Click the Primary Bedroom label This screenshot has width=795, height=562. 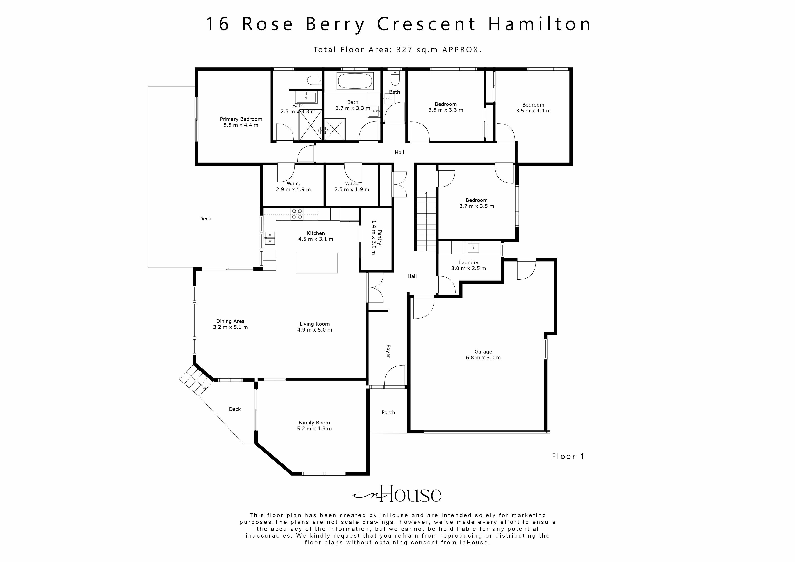(241, 119)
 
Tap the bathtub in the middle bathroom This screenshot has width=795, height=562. (355, 81)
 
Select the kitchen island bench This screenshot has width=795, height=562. (316, 263)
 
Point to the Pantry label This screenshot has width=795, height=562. (380, 237)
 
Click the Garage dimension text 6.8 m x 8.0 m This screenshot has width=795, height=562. (483, 358)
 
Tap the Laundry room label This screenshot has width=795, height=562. (468, 262)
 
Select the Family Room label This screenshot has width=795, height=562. (314, 423)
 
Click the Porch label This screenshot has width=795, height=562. (388, 412)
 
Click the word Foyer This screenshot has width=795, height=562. (388, 351)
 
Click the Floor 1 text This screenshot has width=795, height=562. (568, 456)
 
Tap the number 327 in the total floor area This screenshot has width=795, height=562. (404, 50)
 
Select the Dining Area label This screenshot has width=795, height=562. (230, 321)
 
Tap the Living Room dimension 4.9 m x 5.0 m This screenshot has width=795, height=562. (314, 330)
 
